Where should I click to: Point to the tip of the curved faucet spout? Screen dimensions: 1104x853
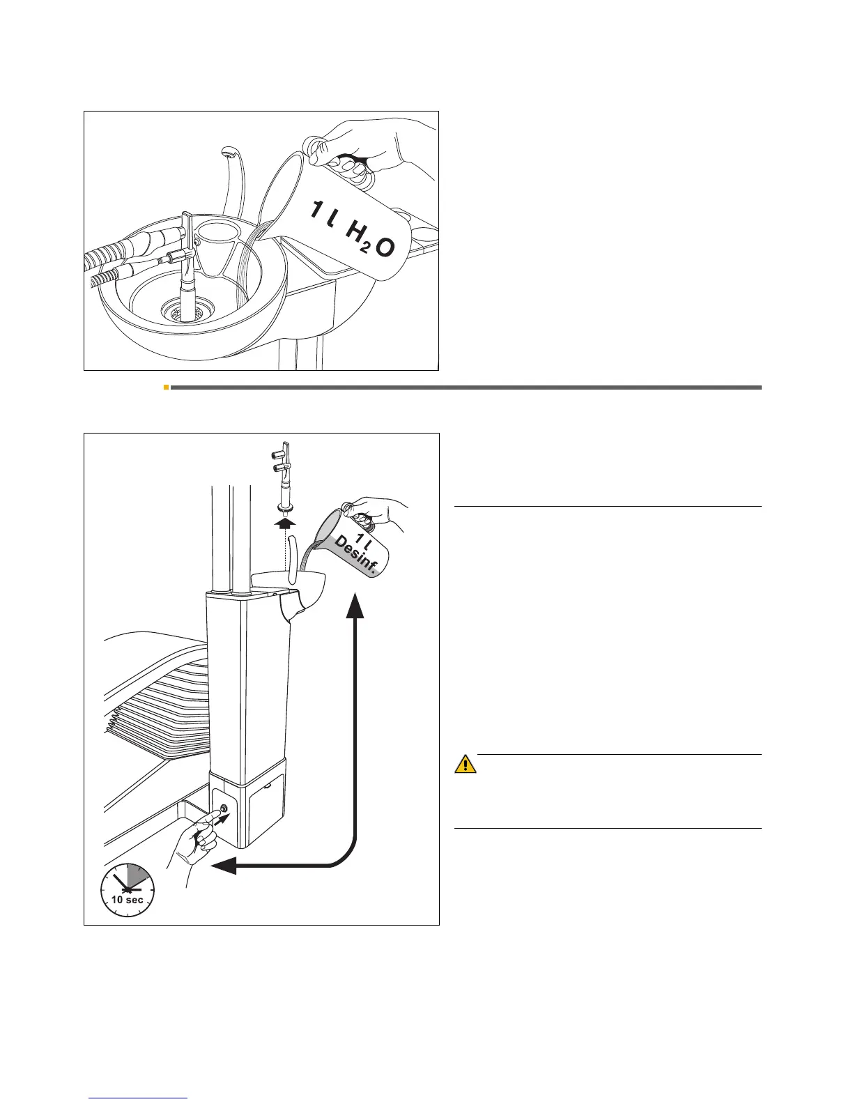(226, 151)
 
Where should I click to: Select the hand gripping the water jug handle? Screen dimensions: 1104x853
(376, 150)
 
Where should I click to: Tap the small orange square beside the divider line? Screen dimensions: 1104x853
(166, 387)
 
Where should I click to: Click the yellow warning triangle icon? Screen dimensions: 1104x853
(466, 765)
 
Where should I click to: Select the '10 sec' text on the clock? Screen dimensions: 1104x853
(128, 900)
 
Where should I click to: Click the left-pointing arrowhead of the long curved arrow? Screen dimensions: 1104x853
(222, 866)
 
